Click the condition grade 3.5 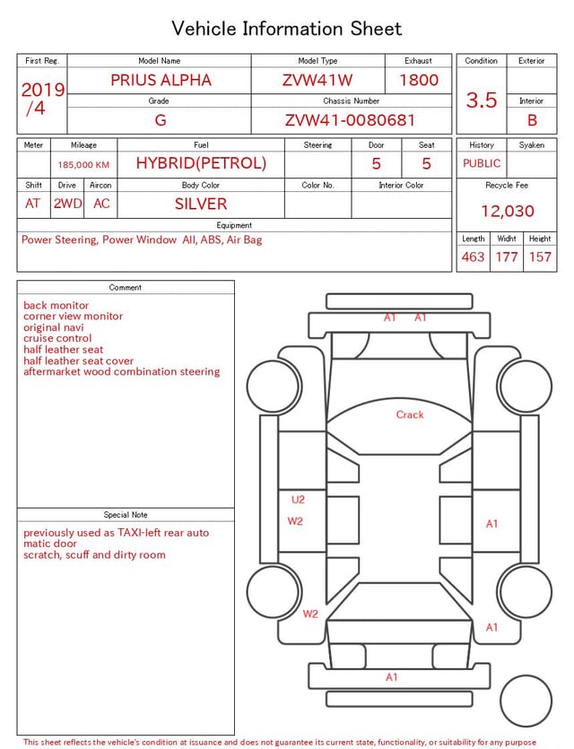tap(482, 100)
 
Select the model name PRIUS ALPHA tap(161, 80)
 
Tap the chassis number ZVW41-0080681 tap(350, 120)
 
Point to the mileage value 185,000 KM tap(83, 165)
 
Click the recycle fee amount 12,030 tap(507, 211)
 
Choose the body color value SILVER tap(201, 204)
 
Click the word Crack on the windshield tap(410, 414)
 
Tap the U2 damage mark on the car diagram tap(298, 500)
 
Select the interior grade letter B tap(532, 120)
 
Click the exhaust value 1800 tap(419, 80)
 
